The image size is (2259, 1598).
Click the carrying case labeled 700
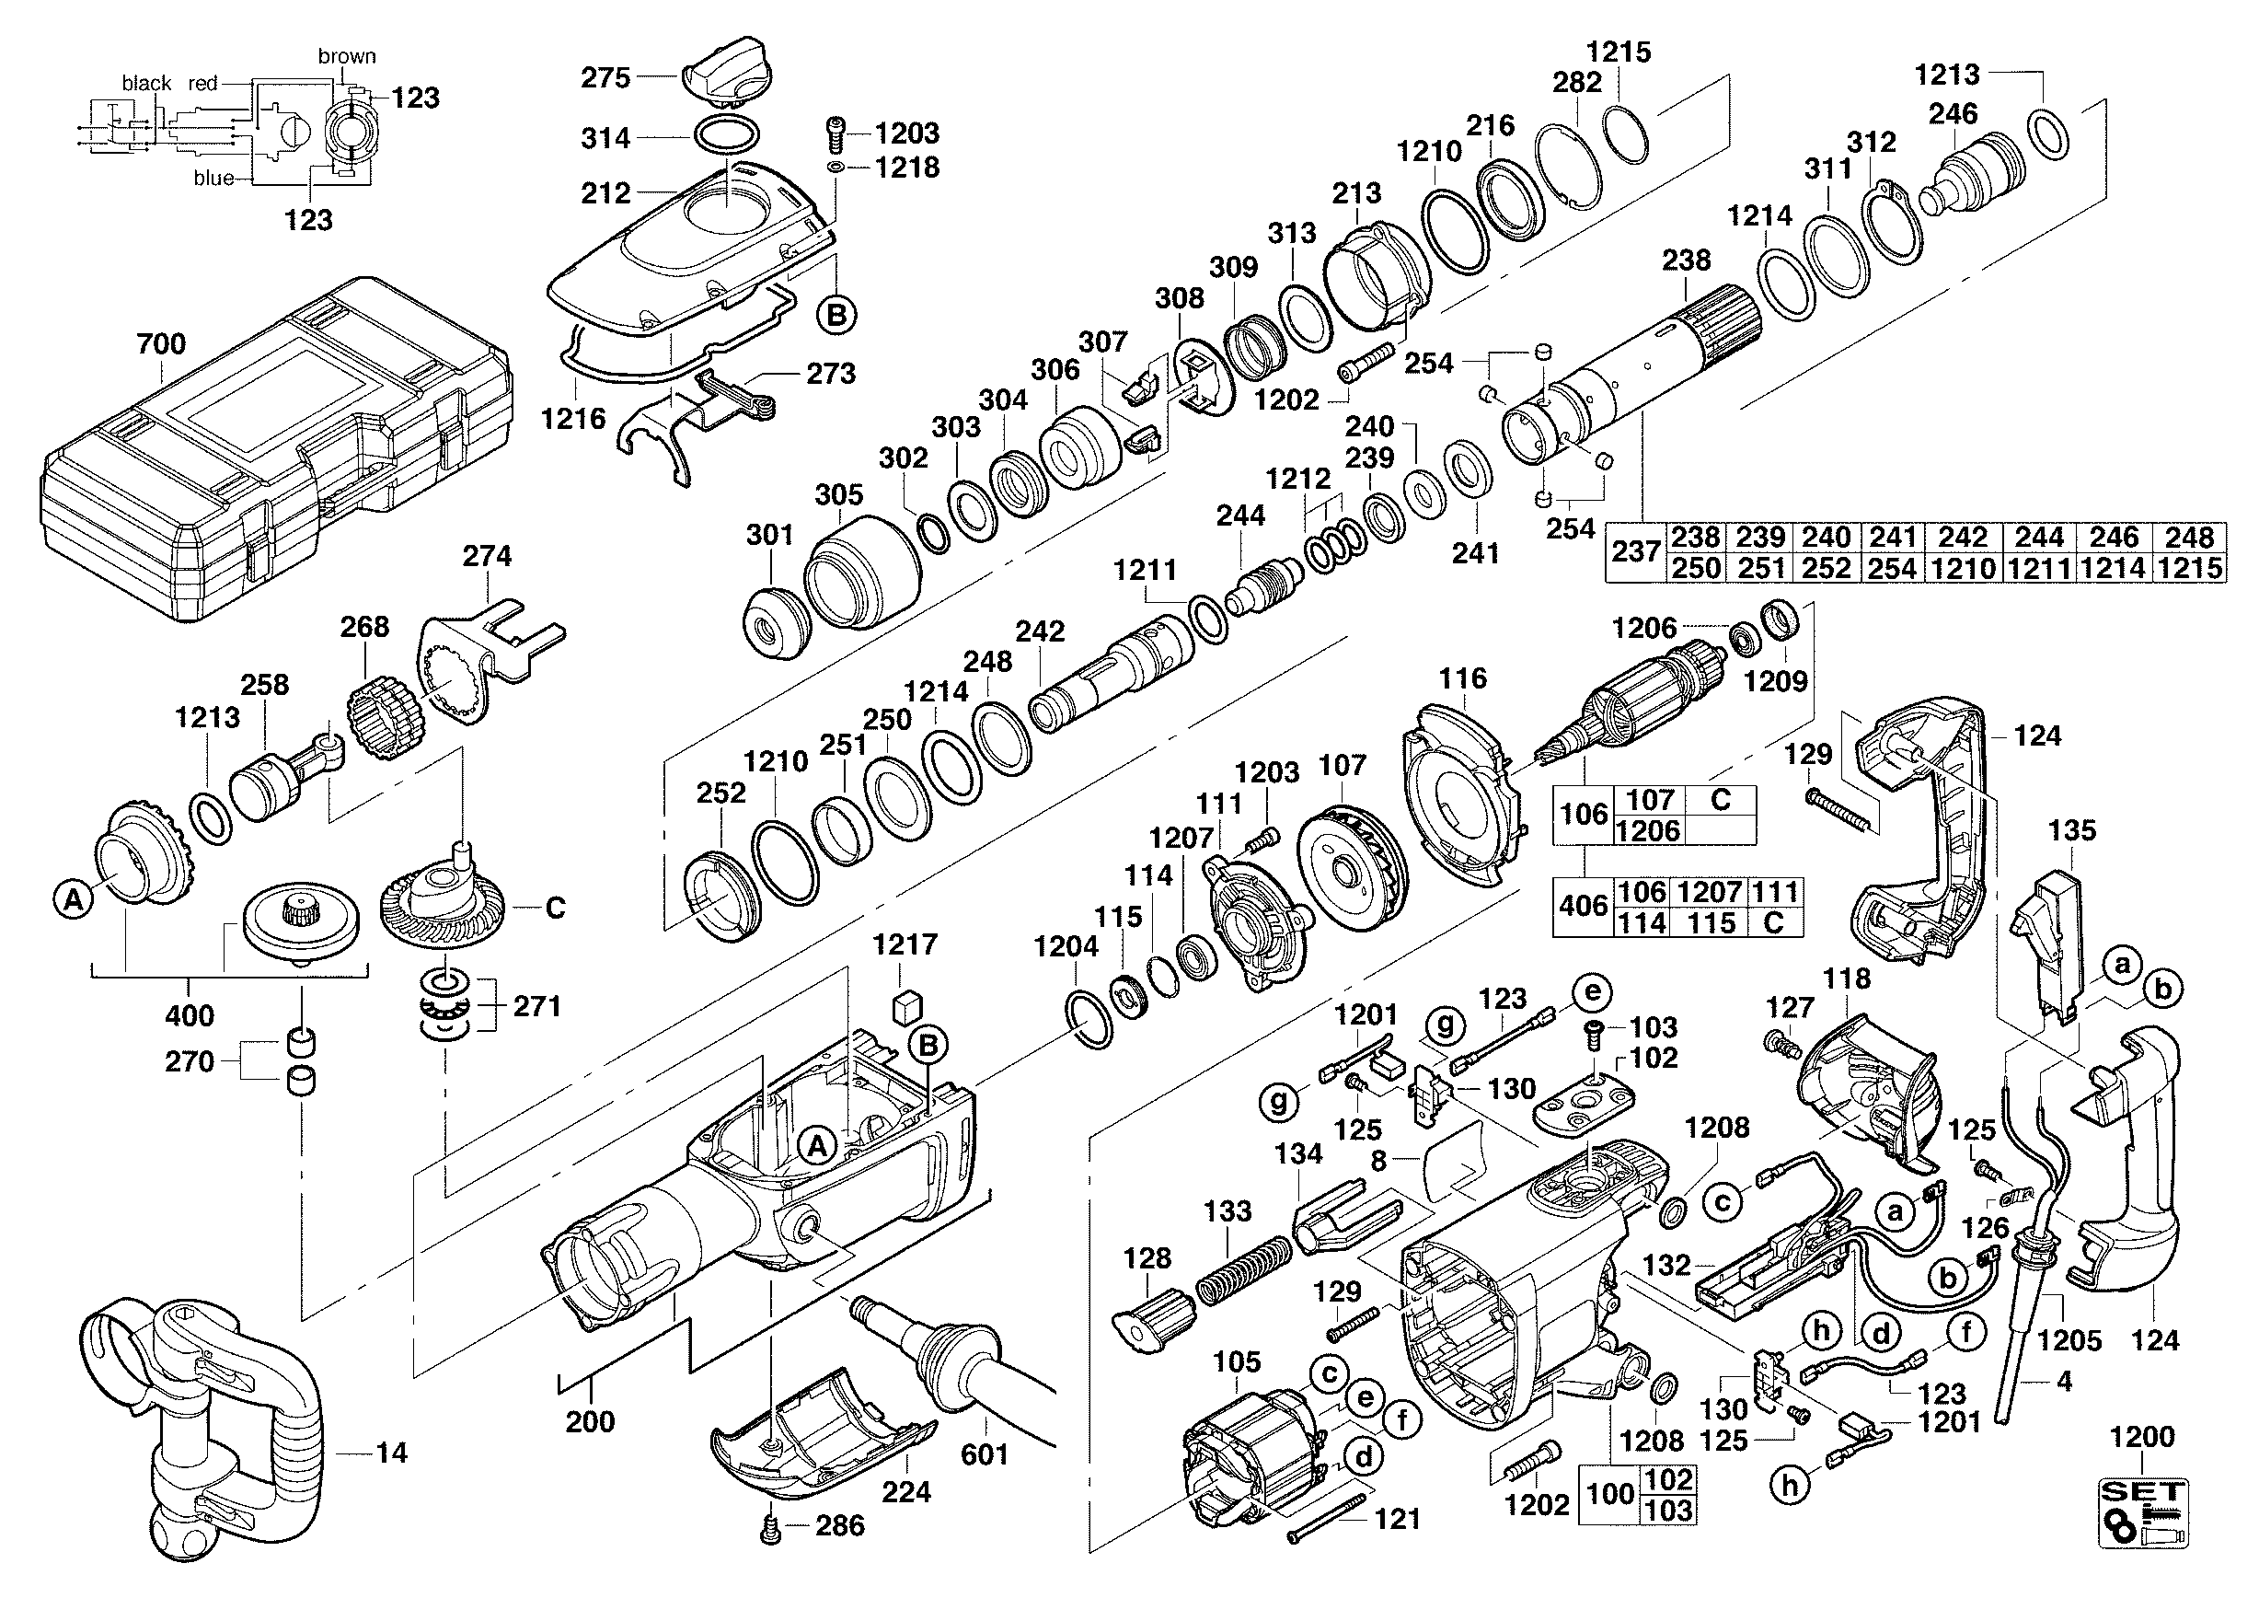click(275, 453)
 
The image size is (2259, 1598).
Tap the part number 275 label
click(605, 77)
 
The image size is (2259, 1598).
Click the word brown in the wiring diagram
click(346, 56)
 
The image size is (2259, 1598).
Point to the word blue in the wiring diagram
click(213, 178)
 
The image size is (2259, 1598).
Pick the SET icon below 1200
click(2143, 1511)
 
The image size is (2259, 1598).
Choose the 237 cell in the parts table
click(1635, 552)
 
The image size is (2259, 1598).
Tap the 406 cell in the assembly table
click(1583, 907)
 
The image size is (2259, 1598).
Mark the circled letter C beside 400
click(555, 908)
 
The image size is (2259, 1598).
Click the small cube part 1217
click(907, 1008)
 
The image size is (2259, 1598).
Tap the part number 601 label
click(985, 1454)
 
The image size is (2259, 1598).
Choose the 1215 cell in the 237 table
click(2190, 569)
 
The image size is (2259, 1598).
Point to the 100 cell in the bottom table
click(1609, 1494)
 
